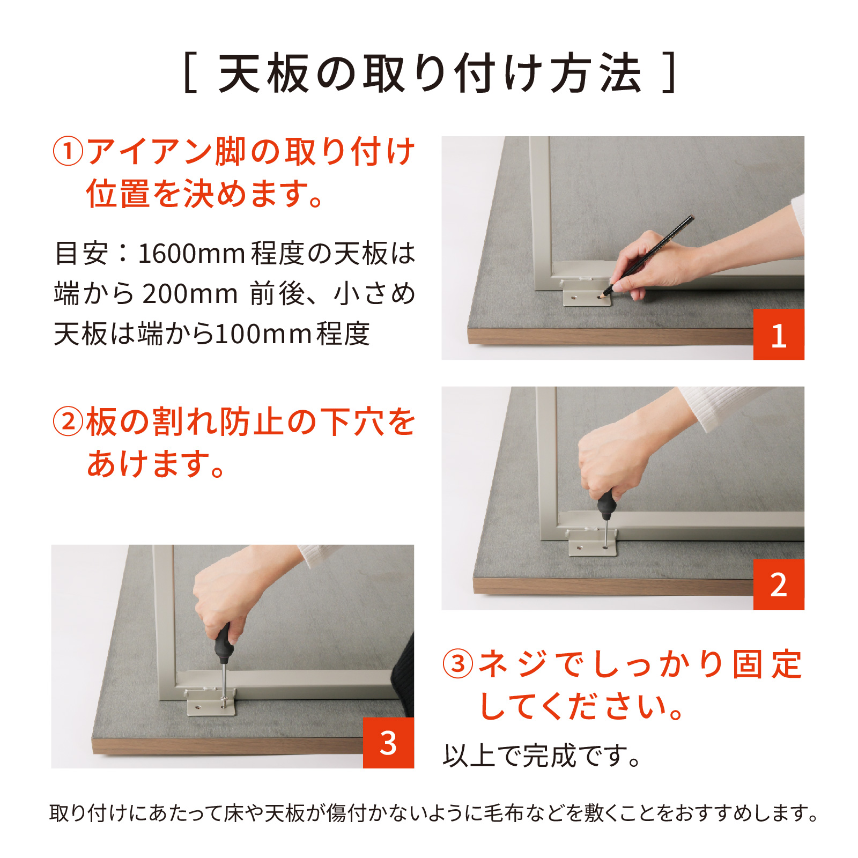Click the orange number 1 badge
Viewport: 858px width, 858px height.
[779, 334]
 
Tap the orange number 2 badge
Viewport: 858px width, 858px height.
[779, 585]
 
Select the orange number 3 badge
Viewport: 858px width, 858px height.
[388, 743]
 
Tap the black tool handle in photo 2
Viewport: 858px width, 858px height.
[606, 504]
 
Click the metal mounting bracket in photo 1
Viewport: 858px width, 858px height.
[587, 293]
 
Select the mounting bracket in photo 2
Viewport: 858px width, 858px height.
[593, 543]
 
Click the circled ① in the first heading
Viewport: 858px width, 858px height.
[68, 151]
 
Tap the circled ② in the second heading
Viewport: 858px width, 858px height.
[68, 421]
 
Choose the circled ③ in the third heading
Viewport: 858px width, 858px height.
[458, 664]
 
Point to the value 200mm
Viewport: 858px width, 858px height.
[190, 294]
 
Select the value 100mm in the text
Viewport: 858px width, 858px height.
[264, 334]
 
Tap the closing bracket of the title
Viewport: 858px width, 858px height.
[669, 73]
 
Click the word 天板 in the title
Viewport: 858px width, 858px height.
[264, 73]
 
